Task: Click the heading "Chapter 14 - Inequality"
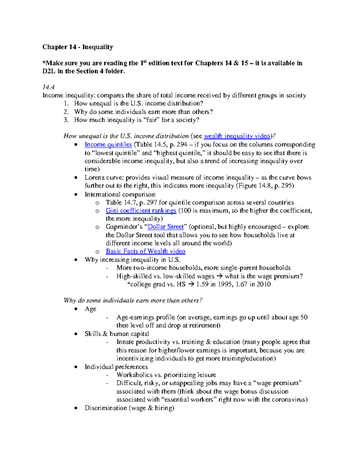[78, 47]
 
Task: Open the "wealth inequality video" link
[237, 136]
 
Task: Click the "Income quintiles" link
[108, 144]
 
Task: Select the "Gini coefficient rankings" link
[141, 210]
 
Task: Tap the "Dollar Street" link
[166, 227]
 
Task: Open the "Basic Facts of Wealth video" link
[145, 251]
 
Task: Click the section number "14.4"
[49, 87]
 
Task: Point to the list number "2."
[66, 112]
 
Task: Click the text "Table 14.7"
[119, 202]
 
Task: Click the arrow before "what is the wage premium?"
[220, 276]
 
